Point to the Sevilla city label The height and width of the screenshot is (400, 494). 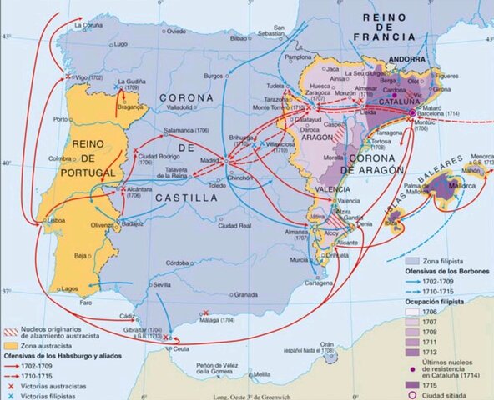[x=162, y=284]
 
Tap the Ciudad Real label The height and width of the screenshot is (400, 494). [x=233, y=226]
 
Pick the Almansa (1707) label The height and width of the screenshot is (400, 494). [x=292, y=232]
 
